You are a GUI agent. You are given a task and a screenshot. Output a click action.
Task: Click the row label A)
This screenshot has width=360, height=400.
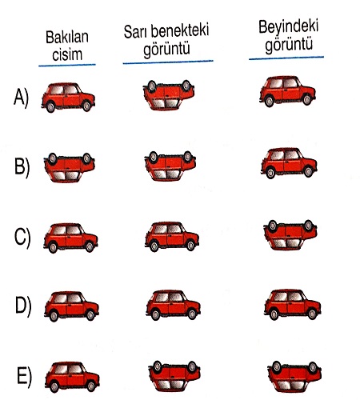[x=21, y=98]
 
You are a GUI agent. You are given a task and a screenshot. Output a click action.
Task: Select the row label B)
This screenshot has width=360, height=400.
[x=22, y=167]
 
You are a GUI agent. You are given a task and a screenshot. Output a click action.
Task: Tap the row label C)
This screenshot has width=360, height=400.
[x=22, y=238]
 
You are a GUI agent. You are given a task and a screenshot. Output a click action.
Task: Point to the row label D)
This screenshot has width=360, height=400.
[x=23, y=306]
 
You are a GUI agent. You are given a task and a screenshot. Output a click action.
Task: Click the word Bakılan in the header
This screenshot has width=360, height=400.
[x=67, y=37]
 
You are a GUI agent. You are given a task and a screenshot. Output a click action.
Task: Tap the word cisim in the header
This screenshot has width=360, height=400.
[x=67, y=54]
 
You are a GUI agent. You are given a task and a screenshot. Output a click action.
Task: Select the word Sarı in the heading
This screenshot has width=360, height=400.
[x=135, y=32]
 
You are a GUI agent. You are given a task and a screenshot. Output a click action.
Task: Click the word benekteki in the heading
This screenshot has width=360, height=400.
[x=179, y=30]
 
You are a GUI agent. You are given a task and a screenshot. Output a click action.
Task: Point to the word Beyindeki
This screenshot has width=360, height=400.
[x=289, y=27]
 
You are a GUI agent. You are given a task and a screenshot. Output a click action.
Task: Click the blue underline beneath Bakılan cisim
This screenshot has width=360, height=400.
[x=67, y=65]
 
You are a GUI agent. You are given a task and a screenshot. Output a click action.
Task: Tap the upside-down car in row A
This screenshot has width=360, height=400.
[x=169, y=95]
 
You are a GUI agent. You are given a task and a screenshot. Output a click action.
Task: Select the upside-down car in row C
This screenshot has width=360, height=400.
[x=290, y=235]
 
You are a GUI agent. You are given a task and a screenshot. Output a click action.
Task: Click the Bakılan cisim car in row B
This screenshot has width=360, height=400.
[x=70, y=167]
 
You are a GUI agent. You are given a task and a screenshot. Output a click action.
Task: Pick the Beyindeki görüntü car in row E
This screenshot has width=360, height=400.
[x=294, y=376]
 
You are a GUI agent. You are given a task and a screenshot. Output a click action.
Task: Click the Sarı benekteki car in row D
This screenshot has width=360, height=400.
[x=173, y=305]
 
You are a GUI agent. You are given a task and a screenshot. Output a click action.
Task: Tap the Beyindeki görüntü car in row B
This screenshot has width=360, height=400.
[x=289, y=163]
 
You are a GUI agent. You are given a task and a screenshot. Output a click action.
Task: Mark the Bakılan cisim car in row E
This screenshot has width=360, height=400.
[x=72, y=377]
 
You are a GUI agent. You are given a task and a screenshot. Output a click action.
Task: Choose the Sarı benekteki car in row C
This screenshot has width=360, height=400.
[x=172, y=237]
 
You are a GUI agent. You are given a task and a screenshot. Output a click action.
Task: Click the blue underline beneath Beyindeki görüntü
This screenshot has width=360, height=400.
[x=286, y=58]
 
